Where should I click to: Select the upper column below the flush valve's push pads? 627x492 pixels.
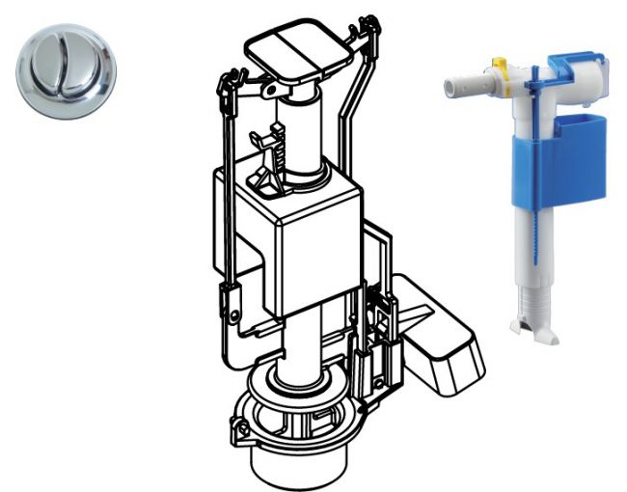[x=301, y=135]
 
